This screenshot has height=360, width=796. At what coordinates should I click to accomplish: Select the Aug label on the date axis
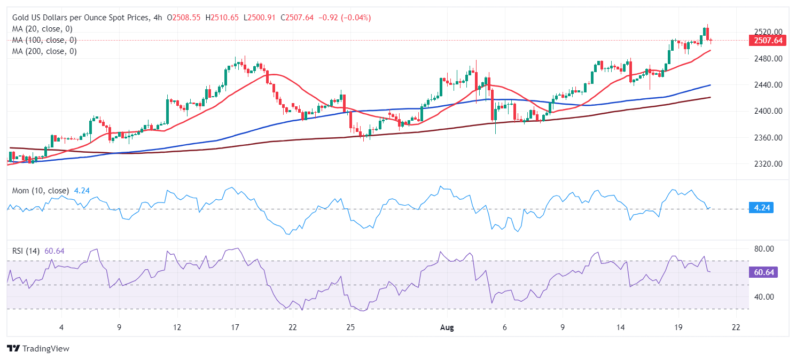[448, 327]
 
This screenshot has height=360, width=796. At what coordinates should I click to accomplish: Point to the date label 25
[350, 327]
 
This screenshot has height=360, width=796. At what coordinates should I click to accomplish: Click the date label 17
[235, 327]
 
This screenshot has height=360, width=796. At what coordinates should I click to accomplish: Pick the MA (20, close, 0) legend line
[42, 29]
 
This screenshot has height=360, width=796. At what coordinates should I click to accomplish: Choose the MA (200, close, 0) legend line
[44, 51]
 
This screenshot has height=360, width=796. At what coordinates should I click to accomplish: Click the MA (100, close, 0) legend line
[44, 40]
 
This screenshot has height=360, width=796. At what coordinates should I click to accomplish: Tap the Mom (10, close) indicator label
[41, 190]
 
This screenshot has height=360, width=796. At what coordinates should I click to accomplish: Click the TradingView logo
[38, 348]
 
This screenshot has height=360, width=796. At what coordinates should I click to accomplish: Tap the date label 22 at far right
[736, 327]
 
